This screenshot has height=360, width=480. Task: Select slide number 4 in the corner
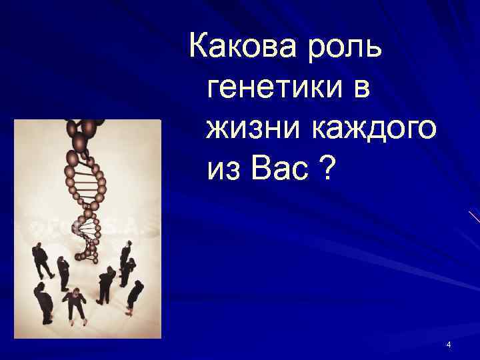(449, 345)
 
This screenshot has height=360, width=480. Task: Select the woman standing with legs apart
(75, 304)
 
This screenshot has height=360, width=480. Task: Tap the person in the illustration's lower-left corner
(44, 304)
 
